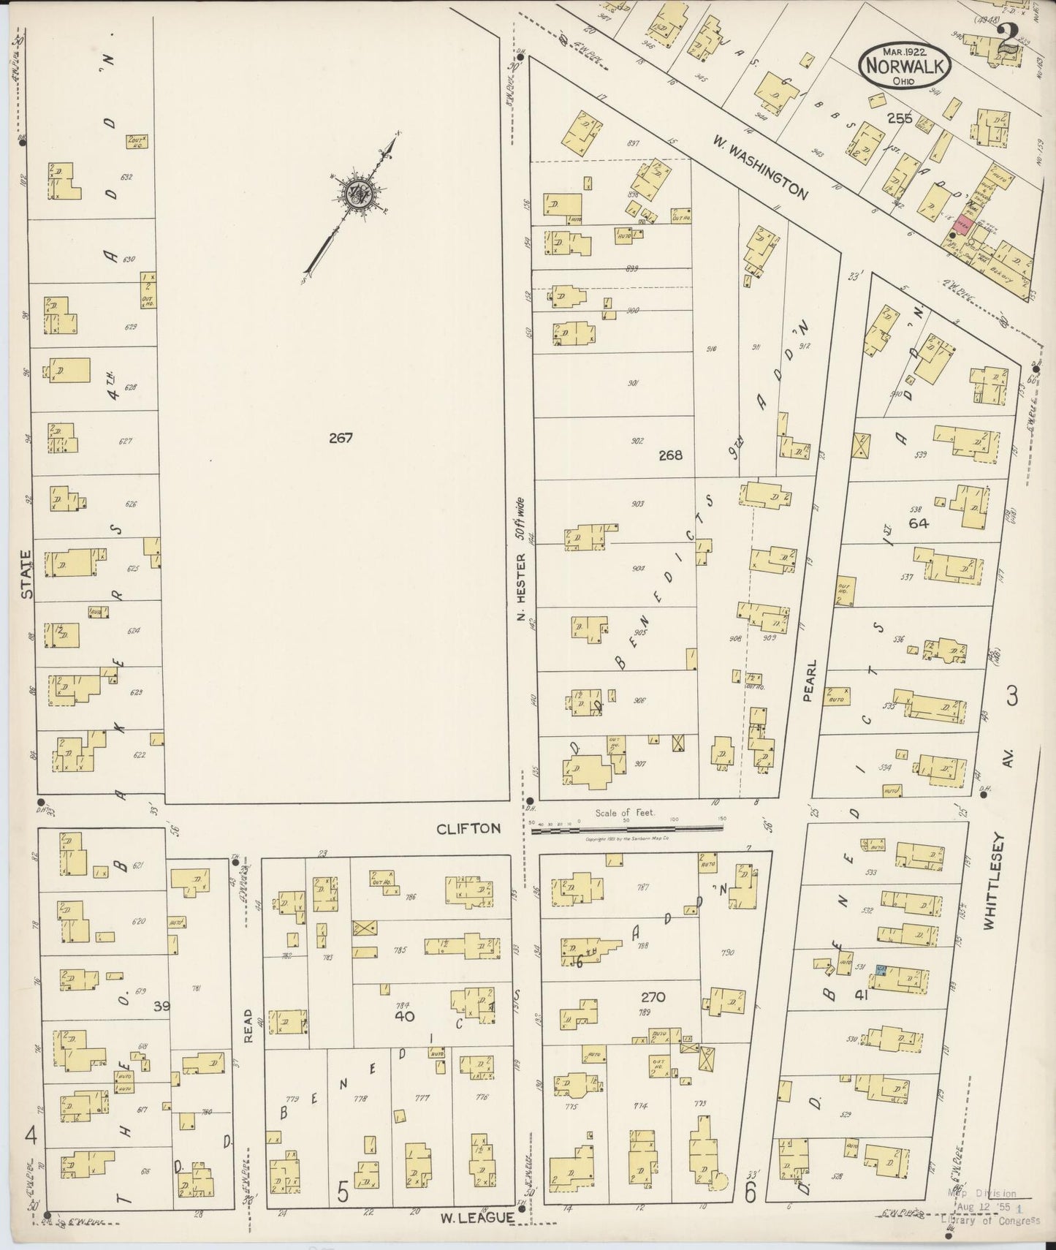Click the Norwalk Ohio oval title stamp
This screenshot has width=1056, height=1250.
[905, 64]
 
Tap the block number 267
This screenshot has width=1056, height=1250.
[341, 439]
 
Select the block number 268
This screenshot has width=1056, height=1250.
[669, 455]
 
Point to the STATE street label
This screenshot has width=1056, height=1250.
[27, 575]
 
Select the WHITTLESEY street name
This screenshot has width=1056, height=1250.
[989, 882]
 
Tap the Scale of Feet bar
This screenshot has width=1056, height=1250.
[627, 830]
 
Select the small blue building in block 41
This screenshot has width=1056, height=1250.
[881, 970]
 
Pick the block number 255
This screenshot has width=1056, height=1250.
[899, 118]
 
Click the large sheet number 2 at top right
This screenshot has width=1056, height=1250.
[1009, 38]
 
